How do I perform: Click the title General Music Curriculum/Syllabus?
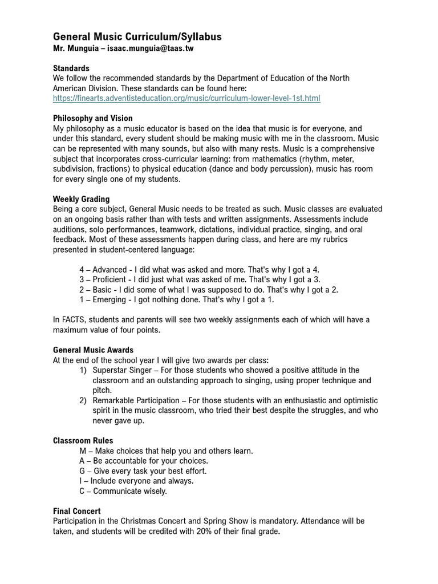click(x=137, y=37)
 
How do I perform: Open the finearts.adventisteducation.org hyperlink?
click(x=186, y=99)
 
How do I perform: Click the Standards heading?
click(x=71, y=68)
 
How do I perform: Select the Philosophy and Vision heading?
click(x=92, y=119)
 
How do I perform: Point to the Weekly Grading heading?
click(x=81, y=199)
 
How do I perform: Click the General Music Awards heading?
click(x=93, y=350)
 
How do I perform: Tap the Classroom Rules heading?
click(x=83, y=441)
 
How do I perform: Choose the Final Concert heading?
click(x=76, y=511)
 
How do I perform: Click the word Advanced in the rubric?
click(x=110, y=270)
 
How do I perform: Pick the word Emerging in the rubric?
click(x=109, y=300)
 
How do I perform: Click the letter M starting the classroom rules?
click(x=83, y=451)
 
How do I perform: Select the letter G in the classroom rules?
click(x=82, y=471)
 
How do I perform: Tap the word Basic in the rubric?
click(x=103, y=290)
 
